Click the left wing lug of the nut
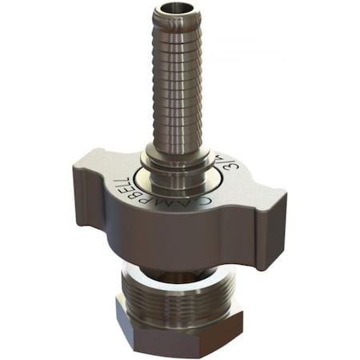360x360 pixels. click(92, 192)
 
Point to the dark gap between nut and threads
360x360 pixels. click(172, 264)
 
